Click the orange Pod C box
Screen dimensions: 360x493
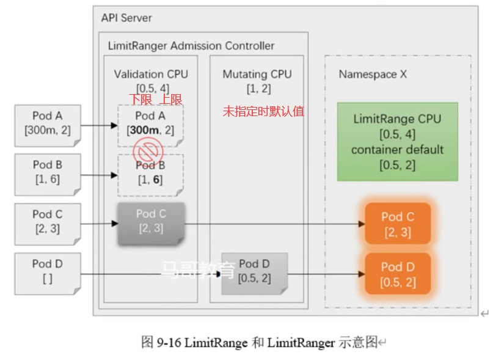coord(398,224)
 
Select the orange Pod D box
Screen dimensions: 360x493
coord(398,274)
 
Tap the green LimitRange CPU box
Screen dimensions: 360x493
coord(397,141)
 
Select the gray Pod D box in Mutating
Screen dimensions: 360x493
coord(254,272)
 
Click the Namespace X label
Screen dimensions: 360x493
coord(373,75)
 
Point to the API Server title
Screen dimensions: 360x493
coord(126,18)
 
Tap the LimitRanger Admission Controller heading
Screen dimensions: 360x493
coord(191,46)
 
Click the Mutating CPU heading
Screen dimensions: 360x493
coord(257,75)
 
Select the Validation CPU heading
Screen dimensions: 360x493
coord(151,75)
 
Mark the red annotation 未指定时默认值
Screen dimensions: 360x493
coord(263,112)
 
